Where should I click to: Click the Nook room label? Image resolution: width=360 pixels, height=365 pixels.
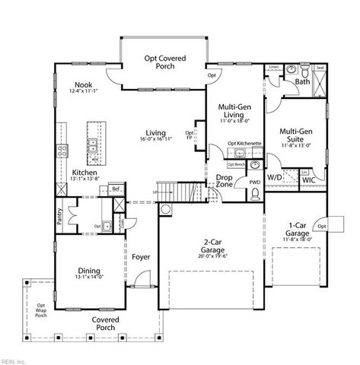pyautogui.click(x=84, y=85)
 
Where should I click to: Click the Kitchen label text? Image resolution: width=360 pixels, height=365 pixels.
pyautogui.click(x=84, y=173)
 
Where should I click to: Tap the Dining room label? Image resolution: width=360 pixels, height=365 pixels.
pyautogui.click(x=90, y=271)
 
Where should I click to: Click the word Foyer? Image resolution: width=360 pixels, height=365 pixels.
pyautogui.click(x=141, y=257)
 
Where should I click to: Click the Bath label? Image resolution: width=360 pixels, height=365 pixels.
pyautogui.click(x=302, y=81)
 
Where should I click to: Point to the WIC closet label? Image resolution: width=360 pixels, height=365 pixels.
pyautogui.click(x=308, y=180)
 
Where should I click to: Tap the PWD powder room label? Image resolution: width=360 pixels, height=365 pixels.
pyautogui.click(x=254, y=182)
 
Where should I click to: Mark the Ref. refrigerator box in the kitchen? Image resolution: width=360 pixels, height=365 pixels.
pyautogui.click(x=116, y=188)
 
